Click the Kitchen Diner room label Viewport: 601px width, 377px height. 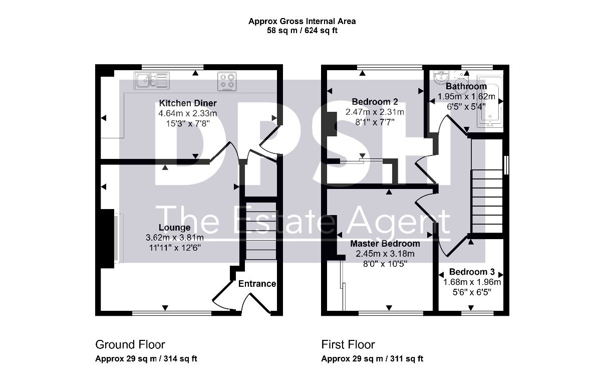coord(188,103)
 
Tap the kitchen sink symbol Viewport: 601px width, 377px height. coord(152,80)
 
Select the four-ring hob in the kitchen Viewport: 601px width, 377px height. coord(227,81)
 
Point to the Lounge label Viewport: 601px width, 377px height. coord(175,228)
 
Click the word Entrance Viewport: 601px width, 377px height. coord(257,284)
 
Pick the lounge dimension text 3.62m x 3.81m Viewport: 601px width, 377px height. coord(175,238)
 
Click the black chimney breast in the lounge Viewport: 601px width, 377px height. coord(107,239)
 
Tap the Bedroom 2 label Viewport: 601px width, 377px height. coord(375,102)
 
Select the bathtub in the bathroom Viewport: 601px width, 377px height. coord(490,101)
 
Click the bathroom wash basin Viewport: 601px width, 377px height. coord(441,77)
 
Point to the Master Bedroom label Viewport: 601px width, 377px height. coord(385,244)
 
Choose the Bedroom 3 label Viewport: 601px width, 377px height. coord(472,272)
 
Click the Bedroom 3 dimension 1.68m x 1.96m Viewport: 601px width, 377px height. coord(472,282)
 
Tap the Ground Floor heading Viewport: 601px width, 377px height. coord(130,344)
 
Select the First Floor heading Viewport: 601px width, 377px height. coord(348,344)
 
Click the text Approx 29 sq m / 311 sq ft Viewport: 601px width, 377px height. coord(372,359)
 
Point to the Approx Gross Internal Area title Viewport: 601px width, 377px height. coord(302,21)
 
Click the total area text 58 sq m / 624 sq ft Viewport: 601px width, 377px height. coord(302,31)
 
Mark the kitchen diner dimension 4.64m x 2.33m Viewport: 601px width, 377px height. coord(187,113)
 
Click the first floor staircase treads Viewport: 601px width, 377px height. coord(487,202)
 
